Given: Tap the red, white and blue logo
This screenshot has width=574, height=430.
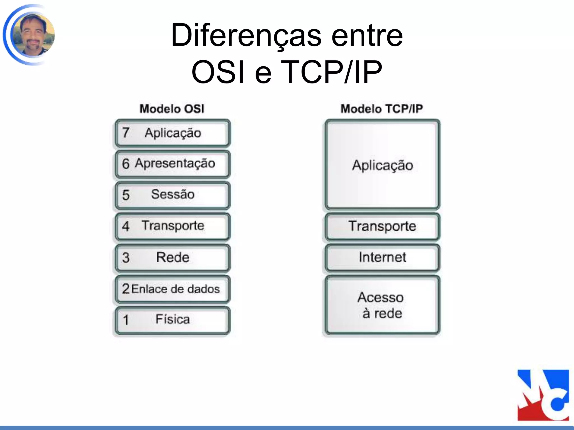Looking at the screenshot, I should tap(543, 395).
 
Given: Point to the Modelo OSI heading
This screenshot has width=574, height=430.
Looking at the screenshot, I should tap(172, 109).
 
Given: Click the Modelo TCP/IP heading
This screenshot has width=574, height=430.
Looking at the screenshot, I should tap(381, 109).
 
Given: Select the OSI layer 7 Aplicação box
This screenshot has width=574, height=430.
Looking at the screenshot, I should tap(172, 133).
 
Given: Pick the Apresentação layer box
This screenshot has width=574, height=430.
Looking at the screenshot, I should tap(172, 164).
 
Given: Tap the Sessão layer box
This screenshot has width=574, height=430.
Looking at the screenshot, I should tap(172, 195).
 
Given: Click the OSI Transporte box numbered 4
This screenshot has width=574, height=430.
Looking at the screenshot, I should tap(172, 226).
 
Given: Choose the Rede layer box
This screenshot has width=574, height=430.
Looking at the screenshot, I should tap(172, 258).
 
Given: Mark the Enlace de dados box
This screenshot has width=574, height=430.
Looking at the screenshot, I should tap(172, 289).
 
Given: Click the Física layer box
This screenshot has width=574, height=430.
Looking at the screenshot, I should tap(172, 320).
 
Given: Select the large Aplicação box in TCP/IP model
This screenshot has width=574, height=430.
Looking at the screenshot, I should tap(382, 165).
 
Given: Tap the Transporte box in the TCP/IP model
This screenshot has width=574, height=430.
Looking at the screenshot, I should tap(382, 226).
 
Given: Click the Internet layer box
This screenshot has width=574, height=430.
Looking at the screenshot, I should tap(382, 258).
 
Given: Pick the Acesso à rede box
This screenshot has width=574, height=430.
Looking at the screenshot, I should tap(382, 305).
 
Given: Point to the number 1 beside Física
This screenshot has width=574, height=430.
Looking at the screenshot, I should tap(126, 320).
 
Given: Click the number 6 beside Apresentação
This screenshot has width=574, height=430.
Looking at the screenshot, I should tap(126, 164).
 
